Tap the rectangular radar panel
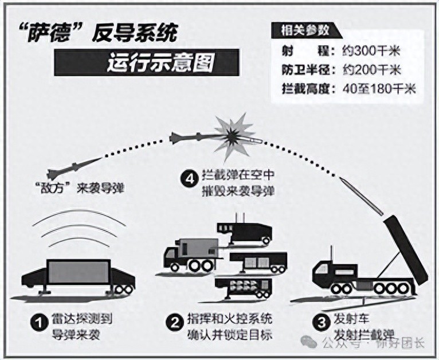click(77, 274)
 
